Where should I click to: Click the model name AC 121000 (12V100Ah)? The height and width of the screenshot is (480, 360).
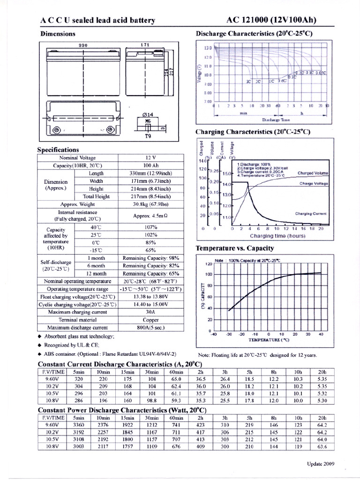pyautogui.click(x=271, y=20)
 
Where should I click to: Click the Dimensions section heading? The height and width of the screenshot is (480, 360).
pyautogui.click(x=58, y=34)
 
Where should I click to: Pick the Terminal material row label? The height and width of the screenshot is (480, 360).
pyautogui.click(x=77, y=320)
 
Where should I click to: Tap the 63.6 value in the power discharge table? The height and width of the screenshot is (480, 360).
pyautogui.click(x=322, y=447)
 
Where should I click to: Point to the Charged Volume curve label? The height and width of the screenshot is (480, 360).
pyautogui.click(x=313, y=173)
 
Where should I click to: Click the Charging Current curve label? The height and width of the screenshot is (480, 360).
pyautogui.click(x=310, y=213)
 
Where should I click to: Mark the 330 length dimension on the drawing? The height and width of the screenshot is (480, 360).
pyautogui.click(x=83, y=45)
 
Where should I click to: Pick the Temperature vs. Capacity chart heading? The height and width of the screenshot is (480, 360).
pyautogui.click(x=234, y=248)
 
